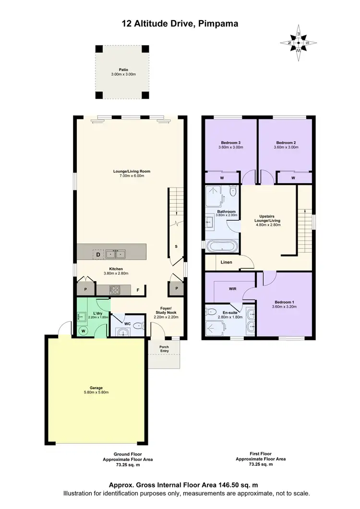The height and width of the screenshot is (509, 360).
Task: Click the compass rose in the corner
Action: (298, 43)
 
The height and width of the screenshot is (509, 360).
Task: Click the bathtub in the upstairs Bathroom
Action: (220, 246)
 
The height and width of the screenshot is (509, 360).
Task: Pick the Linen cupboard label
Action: (227, 262)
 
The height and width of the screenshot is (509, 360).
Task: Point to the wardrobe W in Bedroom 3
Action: (222, 178)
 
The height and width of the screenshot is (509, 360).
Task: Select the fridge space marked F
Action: (138, 290)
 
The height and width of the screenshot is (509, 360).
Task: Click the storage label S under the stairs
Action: (176, 246)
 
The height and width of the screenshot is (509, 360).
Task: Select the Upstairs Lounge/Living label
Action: (267, 218)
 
